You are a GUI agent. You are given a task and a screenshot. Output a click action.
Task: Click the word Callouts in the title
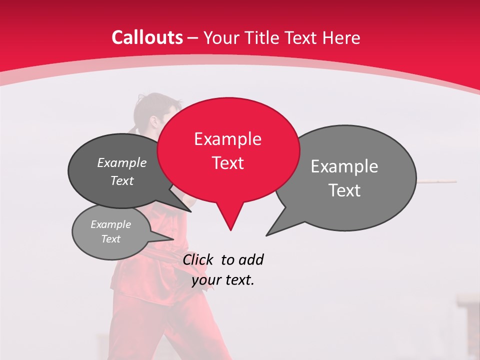point(147,37)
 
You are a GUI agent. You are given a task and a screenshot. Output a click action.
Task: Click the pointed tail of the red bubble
point(230,220)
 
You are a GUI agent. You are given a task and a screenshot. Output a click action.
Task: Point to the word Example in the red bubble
point(227,139)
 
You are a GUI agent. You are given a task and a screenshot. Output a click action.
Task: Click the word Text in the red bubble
point(228,163)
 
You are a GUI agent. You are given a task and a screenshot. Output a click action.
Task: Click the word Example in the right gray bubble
point(344,166)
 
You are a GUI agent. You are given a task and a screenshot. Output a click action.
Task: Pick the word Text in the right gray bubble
point(344,190)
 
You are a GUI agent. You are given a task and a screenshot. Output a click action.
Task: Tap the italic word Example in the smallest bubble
point(110,224)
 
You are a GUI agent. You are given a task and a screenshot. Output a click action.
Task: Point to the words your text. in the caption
point(223,280)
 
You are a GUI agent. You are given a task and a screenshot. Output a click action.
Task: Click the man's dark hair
point(150,102)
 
